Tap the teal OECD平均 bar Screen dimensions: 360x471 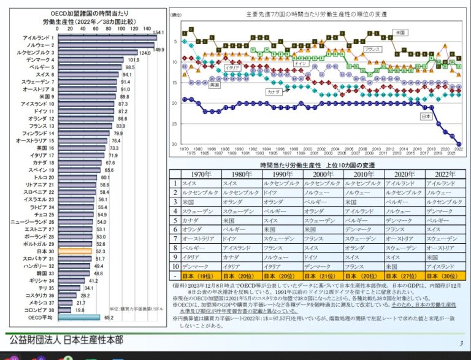(x=78, y=318)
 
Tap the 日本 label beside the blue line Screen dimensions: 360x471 (x=425, y=115)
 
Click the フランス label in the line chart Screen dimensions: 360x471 (x=372, y=49)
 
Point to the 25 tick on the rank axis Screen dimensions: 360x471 (x=175, y=124)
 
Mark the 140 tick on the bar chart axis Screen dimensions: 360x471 (x=147, y=28)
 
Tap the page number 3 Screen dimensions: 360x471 (x=461, y=343)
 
